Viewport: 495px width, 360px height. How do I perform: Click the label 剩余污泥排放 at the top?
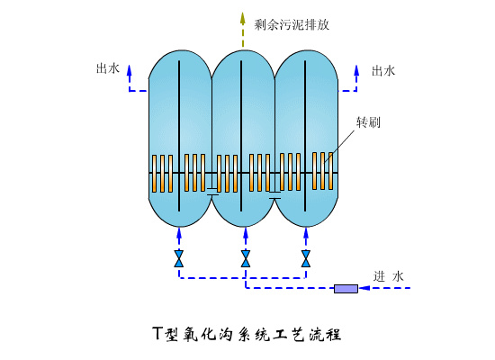292,24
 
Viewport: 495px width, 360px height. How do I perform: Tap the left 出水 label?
107,68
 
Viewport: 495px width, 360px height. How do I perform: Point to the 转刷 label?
368,121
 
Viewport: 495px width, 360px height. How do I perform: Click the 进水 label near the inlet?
391,275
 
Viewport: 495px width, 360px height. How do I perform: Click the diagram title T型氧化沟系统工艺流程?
247,334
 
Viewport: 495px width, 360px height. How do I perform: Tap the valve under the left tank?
179,258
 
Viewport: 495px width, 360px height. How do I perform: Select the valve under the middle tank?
245,258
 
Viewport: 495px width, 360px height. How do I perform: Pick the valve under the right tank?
306,258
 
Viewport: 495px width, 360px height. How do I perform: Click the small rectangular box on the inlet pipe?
345,289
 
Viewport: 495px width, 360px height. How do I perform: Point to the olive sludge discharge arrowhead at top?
242,15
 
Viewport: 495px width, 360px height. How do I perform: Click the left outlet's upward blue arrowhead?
129,69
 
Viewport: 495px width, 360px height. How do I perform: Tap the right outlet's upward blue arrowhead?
358,69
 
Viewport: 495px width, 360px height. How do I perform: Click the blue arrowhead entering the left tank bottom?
179,233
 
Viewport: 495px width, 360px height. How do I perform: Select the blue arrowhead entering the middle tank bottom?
245,233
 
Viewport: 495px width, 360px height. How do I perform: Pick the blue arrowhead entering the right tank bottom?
306,233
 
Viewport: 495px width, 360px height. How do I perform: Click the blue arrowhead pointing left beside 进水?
311,289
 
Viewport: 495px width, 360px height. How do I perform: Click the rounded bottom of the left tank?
179,216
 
